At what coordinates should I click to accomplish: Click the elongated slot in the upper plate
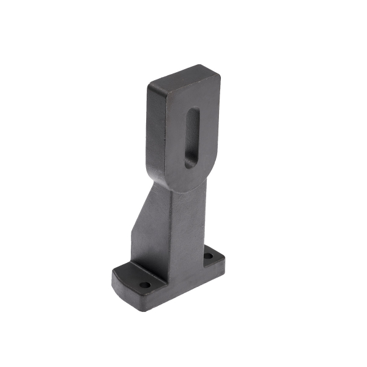pyautogui.click(x=191, y=138)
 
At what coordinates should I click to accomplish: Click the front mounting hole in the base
pyautogui.click(x=144, y=284)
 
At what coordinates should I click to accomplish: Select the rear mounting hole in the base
pyautogui.click(x=209, y=256)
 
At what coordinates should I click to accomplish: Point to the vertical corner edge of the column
pyautogui.click(x=169, y=239)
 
